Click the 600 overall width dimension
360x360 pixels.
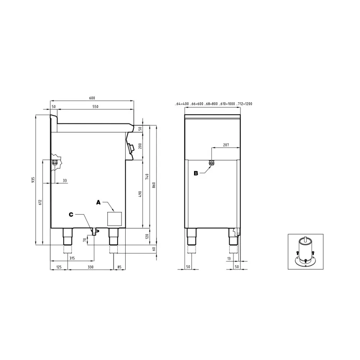coord(92,98)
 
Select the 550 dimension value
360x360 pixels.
coord(95,107)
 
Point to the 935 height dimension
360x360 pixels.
coord(33,180)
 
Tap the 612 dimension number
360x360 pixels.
coord(40,202)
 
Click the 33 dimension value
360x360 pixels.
coord(65,181)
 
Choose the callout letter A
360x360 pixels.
coord(98,202)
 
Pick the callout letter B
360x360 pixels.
coord(196,174)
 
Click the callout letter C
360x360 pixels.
coord(71,215)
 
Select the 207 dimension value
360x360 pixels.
coord(226,145)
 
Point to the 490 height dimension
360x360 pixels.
coord(140,194)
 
